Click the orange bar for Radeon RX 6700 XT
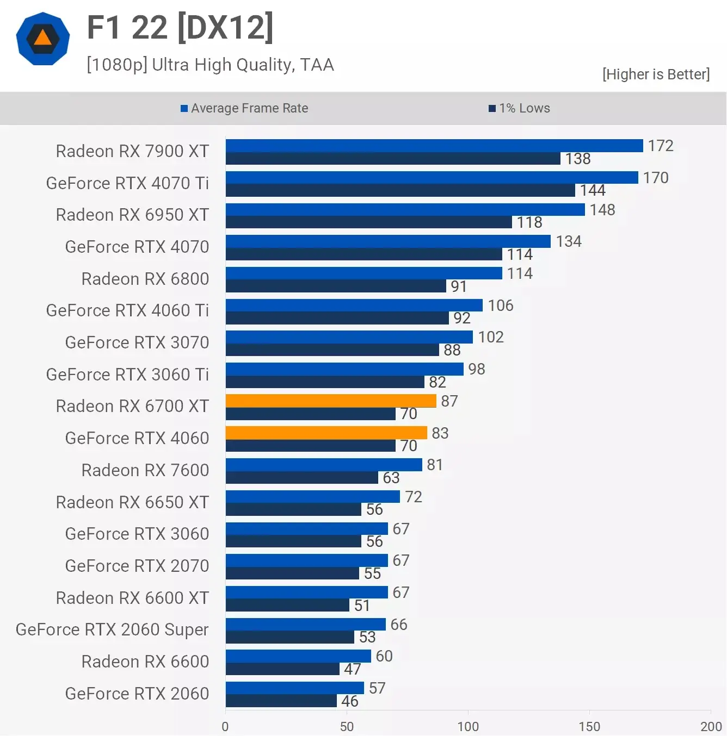point(331,401)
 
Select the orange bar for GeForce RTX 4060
point(326,433)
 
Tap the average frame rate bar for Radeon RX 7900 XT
point(434,146)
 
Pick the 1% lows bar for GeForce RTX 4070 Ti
point(400,190)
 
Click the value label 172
point(661,146)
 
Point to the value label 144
point(593,190)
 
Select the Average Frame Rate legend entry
point(244,108)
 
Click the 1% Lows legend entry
point(520,108)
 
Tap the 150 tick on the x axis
point(589,726)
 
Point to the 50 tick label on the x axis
point(347,726)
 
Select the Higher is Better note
point(656,74)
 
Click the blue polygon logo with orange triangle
point(43,39)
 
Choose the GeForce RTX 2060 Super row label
point(112,629)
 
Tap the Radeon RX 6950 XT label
point(132,215)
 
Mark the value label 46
point(350,701)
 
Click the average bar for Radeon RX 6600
point(298,656)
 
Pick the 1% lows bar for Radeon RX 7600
point(302,478)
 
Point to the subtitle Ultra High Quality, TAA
point(210,65)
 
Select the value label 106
point(501,305)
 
